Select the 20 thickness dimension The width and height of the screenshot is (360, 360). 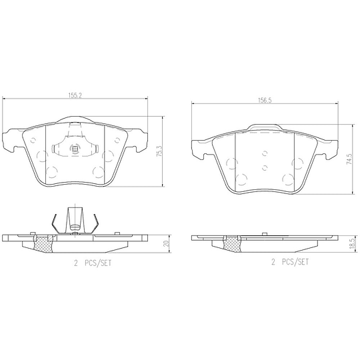[x=167, y=244]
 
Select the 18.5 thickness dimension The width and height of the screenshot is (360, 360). [x=349, y=245]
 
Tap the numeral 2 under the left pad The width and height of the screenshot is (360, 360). [x=75, y=263]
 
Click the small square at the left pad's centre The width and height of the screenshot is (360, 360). [x=75, y=149]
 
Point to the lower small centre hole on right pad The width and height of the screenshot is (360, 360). [x=265, y=168]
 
